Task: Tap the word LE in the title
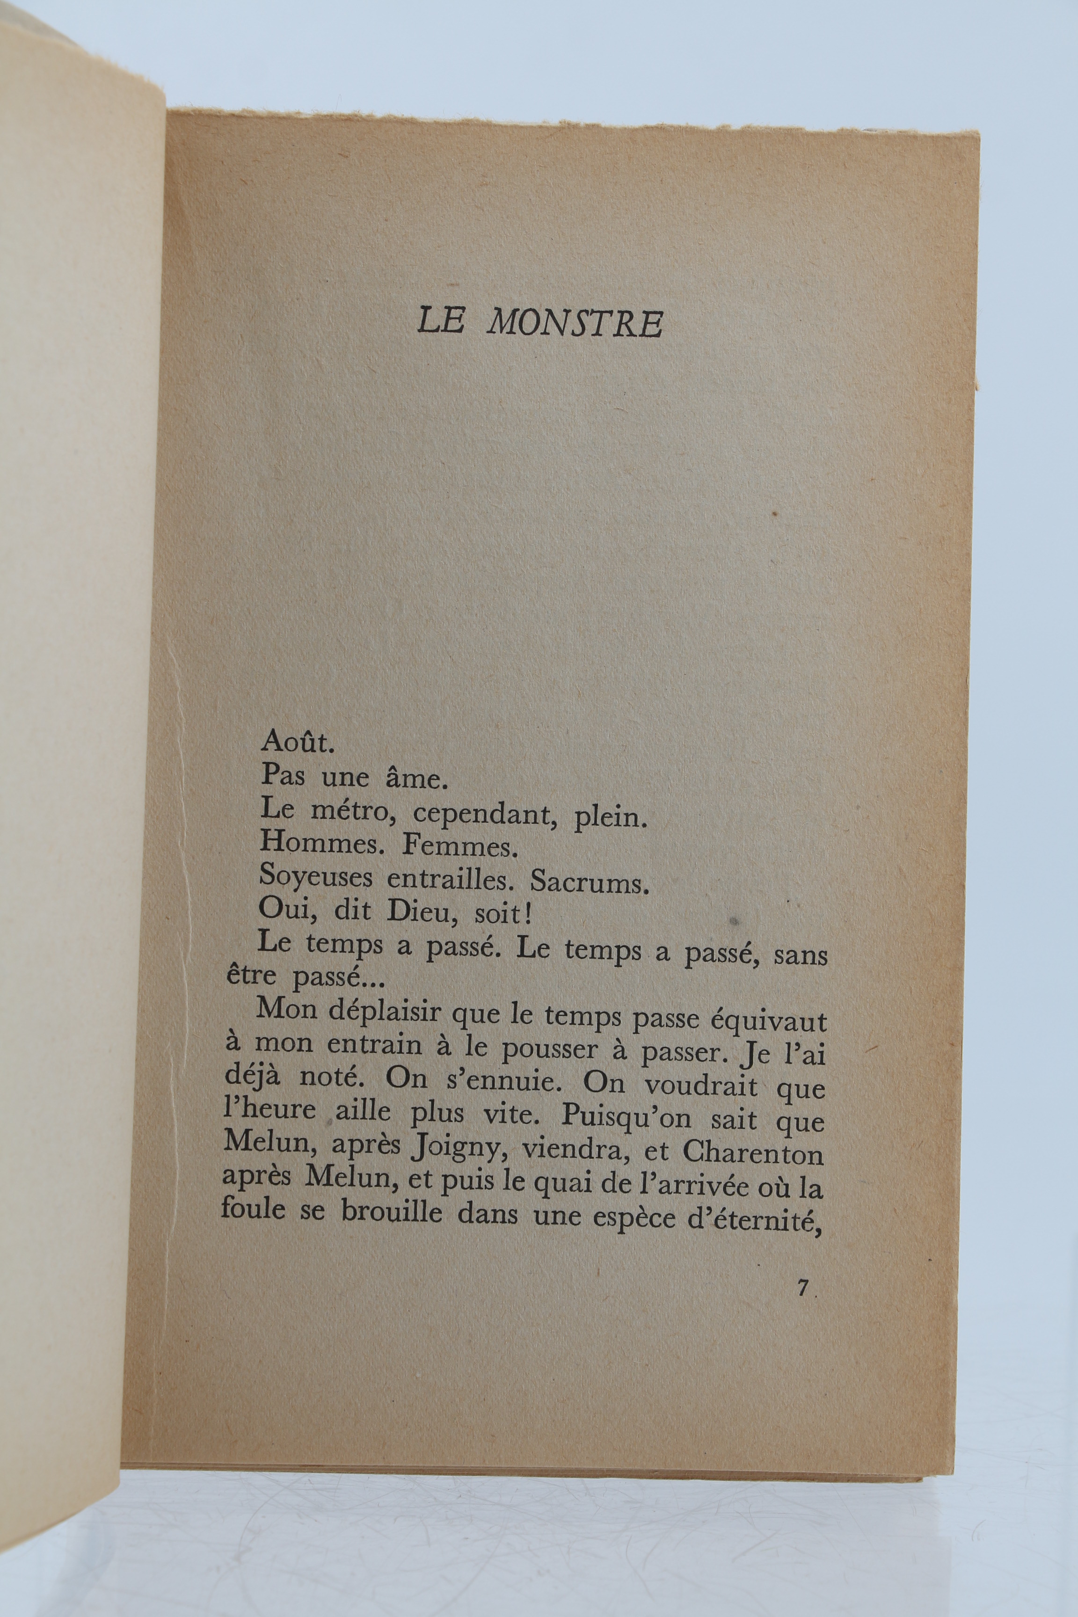tap(441, 321)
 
